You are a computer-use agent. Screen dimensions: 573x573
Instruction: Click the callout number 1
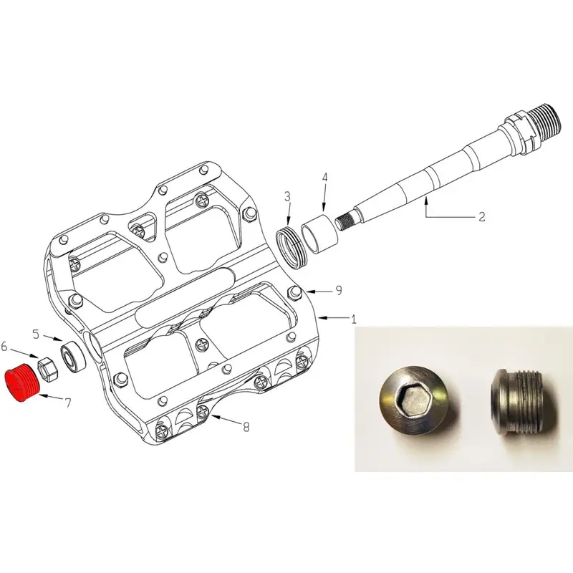pos(354,320)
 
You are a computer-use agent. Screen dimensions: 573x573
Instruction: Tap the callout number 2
pos(482,216)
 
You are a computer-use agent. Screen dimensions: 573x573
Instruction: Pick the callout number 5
pos(36,334)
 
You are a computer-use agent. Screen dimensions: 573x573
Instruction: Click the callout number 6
pos(5,347)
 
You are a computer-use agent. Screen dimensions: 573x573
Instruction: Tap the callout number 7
pos(68,403)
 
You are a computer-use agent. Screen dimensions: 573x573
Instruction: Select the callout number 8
pos(246,428)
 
